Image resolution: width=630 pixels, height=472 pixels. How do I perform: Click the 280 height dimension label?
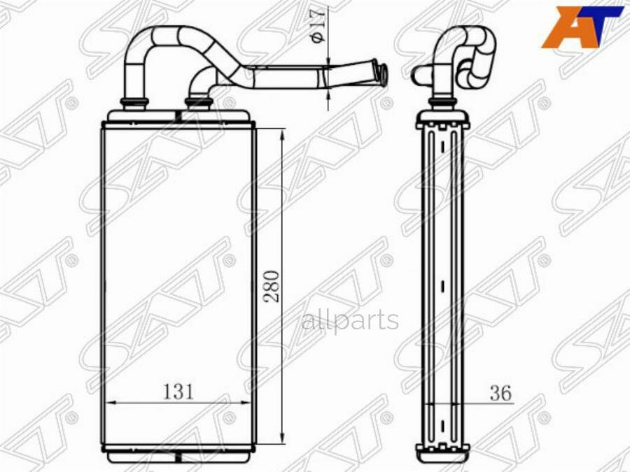tap(272, 287)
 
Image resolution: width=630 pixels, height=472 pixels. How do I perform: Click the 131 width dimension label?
tap(178, 392)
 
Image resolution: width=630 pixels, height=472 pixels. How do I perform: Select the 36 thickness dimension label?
tap(500, 393)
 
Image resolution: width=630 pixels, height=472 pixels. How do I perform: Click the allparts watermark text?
tap(350, 321)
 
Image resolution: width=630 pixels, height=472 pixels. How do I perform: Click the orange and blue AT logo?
tap(585, 27)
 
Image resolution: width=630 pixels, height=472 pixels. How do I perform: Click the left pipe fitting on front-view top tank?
tap(134, 103)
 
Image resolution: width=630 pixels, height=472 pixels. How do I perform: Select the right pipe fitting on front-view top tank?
tap(197, 103)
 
